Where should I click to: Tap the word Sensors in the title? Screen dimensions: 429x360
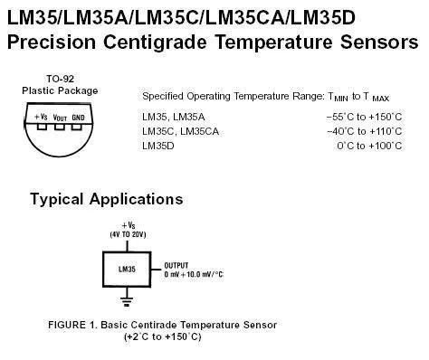[x=379, y=42]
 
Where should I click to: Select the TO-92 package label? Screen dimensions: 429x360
[x=60, y=79]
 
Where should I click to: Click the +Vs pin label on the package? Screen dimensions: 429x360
[x=41, y=117]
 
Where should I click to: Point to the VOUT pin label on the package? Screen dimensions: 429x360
[x=60, y=118]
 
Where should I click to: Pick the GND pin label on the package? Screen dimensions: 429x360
[x=78, y=118]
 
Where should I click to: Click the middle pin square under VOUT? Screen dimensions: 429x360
[x=60, y=127]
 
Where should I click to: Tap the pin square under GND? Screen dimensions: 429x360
[x=77, y=127]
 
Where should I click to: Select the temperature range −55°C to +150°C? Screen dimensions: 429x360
[x=364, y=117]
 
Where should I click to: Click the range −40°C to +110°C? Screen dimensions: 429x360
[x=365, y=131]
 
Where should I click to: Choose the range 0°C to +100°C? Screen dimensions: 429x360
[x=369, y=146]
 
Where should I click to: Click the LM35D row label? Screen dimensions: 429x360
[x=158, y=146]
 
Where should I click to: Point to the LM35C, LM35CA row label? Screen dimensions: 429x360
[x=180, y=131]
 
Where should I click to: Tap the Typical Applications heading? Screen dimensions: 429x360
[x=107, y=199]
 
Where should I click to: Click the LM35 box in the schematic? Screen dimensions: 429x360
[x=127, y=270]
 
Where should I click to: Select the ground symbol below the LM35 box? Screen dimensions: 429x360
[x=127, y=301]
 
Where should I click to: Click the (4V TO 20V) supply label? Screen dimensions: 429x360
[x=128, y=234]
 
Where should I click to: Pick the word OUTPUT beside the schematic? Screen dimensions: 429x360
[x=176, y=266]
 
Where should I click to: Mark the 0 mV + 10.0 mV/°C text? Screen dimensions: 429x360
[x=194, y=274]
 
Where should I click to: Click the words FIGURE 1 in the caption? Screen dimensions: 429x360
[x=71, y=325]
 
